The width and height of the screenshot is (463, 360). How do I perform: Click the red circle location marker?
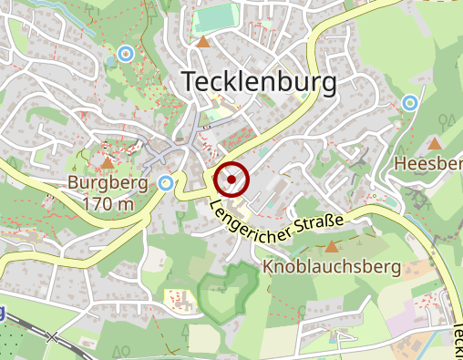[232, 180]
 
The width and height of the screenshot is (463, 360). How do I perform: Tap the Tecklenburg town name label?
[260, 82]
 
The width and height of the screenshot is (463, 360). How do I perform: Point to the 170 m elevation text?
[108, 204]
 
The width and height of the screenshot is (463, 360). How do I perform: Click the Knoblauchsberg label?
[332, 267]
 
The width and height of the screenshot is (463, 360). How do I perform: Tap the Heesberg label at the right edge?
[428, 163]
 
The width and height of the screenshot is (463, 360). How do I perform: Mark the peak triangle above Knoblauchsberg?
[331, 245]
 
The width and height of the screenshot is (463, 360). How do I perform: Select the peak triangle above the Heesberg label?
[436, 142]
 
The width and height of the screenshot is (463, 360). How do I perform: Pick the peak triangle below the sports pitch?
[204, 42]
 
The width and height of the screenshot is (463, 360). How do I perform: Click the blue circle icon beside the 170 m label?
[165, 183]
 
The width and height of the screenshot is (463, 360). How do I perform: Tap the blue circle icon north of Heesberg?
[410, 102]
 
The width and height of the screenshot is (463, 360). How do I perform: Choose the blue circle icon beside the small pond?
[127, 53]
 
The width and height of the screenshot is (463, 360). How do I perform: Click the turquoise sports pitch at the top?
[216, 16]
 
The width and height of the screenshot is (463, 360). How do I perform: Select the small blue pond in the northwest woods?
[110, 60]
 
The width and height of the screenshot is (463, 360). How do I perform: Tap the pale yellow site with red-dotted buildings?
[179, 297]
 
